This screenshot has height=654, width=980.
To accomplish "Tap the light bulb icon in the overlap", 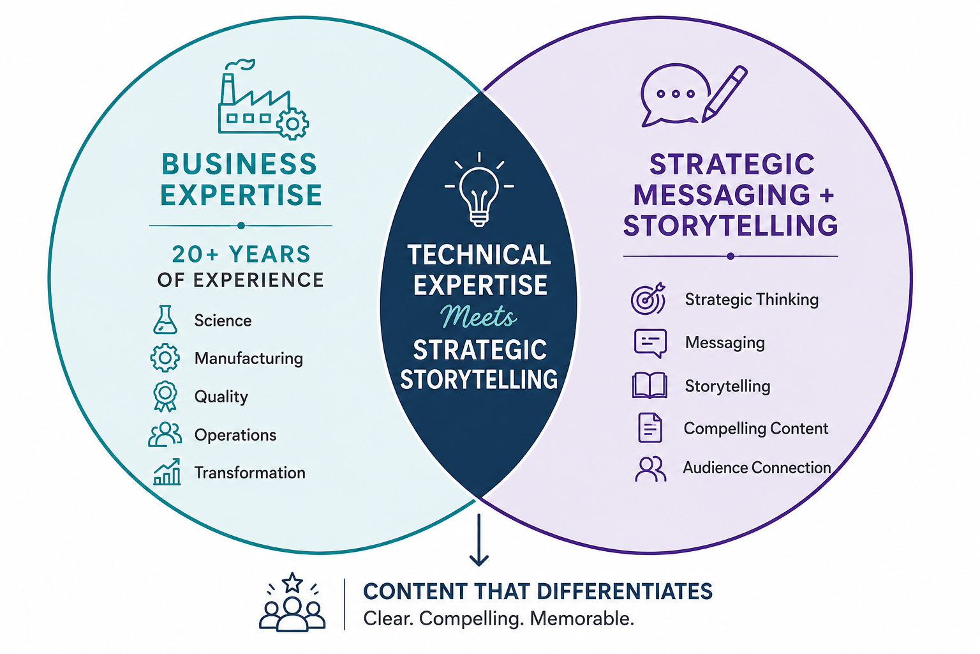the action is pos(479,189).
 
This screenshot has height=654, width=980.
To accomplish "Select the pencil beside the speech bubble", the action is pos(725,94).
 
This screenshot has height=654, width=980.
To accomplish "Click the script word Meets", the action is pos(479,316).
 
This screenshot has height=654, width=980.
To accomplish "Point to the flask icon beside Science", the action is pos(165,320).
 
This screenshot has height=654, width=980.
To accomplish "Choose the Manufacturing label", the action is pos(248,358).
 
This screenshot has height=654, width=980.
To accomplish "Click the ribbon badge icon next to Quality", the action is pos(165,396).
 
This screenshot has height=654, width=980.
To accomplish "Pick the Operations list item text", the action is pos(235,435).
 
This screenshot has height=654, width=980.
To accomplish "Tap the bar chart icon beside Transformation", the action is pos(167,472).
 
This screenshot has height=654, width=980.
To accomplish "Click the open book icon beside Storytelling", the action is pos(650,385).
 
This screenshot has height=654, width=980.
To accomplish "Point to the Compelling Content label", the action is pos(756,429).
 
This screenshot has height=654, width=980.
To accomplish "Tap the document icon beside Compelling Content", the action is pos(650,427).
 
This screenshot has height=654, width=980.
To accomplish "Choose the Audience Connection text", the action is pos(757,468).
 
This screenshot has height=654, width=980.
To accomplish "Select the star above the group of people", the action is pos(292,583).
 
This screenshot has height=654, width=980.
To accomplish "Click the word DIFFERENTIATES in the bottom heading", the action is pos(625,591).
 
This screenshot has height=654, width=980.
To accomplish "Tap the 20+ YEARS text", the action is pos(241,254).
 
